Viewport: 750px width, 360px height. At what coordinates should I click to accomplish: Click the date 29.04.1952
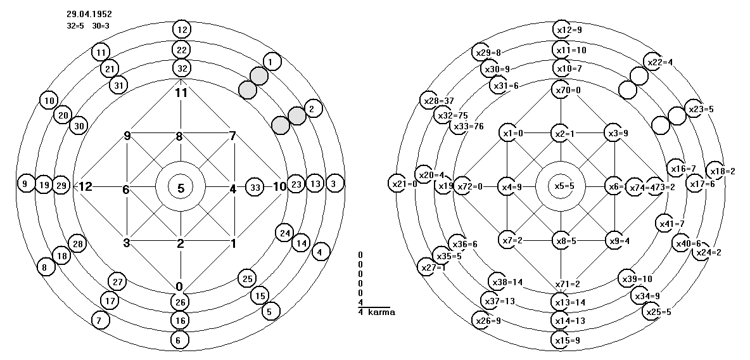[89, 13]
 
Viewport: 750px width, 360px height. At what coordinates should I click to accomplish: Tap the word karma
[380, 312]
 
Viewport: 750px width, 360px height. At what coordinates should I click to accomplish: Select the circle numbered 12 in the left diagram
[182, 29]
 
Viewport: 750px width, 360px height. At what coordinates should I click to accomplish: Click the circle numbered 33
[255, 187]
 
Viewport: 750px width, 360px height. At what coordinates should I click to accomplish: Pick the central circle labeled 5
[181, 188]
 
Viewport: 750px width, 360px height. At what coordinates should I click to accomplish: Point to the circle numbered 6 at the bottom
[180, 339]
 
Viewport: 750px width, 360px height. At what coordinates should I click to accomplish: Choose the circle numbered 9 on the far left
[25, 184]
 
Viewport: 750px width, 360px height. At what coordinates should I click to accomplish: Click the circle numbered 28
[78, 244]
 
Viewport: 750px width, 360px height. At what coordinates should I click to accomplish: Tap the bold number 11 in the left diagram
[182, 93]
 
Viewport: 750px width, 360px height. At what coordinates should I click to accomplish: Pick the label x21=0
[403, 184]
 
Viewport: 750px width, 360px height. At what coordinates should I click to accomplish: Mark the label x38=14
[506, 281]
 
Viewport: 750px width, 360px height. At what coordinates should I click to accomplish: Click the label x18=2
[722, 171]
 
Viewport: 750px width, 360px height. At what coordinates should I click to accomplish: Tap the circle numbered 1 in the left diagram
[270, 61]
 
